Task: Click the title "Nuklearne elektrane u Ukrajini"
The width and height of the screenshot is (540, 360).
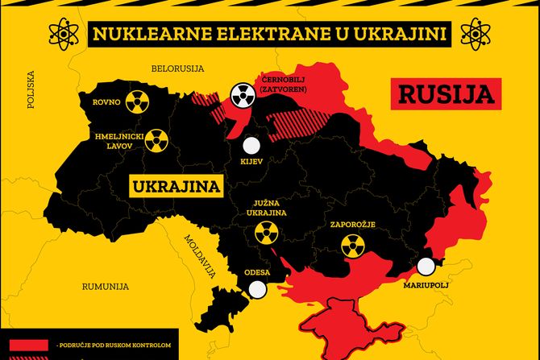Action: (x=269, y=34)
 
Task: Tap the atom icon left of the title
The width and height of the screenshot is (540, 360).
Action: (x=62, y=34)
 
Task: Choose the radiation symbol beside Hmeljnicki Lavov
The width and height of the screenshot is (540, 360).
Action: (x=156, y=142)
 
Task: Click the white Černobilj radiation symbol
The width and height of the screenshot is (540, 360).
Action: (x=241, y=95)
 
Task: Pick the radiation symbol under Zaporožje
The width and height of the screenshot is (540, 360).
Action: (x=352, y=246)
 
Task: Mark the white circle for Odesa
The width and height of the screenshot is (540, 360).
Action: (x=258, y=291)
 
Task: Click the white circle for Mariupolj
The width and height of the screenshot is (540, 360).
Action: (x=425, y=267)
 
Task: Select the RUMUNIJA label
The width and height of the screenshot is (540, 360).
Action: (x=106, y=287)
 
